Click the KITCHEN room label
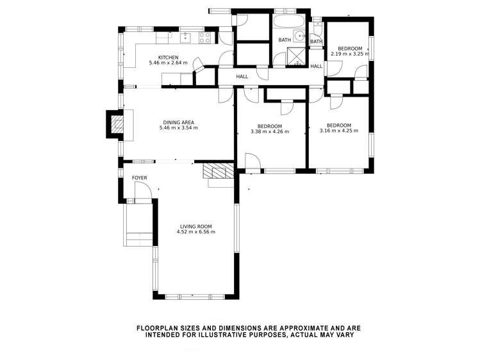[168, 58]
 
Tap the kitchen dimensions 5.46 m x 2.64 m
[168, 63]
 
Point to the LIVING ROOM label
[196, 227]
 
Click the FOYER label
[139, 177]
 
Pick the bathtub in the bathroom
[288, 21]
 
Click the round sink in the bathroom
[299, 36]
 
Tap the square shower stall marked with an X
[296, 56]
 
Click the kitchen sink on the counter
[185, 38]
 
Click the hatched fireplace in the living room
[218, 171]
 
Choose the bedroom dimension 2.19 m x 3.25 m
[350, 54]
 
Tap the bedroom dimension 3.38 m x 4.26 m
[270, 132]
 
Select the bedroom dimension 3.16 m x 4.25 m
[339, 131]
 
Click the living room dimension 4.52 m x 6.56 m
[196, 232]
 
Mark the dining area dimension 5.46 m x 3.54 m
[178, 127]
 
